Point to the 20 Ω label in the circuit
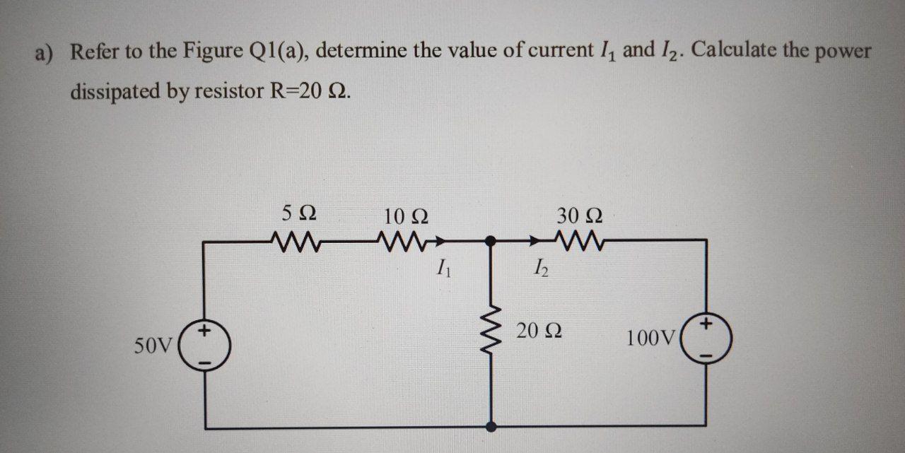click(x=539, y=331)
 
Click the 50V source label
click(x=153, y=346)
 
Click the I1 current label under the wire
click(x=443, y=269)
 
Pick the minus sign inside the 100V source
click(x=706, y=354)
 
